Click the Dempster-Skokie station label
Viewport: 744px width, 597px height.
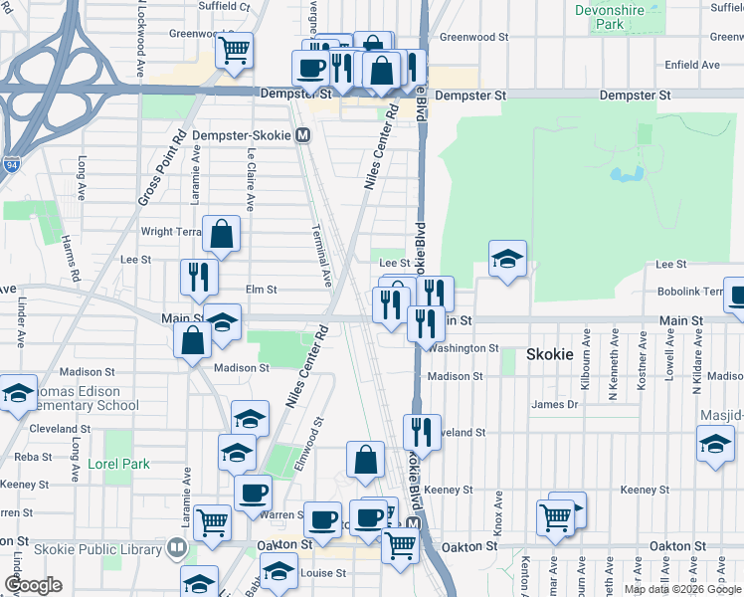click(244, 135)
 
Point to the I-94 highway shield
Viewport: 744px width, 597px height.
click(11, 165)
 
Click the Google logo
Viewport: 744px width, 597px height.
click(33, 585)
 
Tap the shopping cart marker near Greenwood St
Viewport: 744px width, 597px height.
click(234, 50)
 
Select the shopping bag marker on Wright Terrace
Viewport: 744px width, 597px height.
click(221, 235)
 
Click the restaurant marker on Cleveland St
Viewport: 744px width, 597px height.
click(422, 431)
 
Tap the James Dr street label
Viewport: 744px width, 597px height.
click(554, 404)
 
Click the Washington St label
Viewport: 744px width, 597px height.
click(465, 348)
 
